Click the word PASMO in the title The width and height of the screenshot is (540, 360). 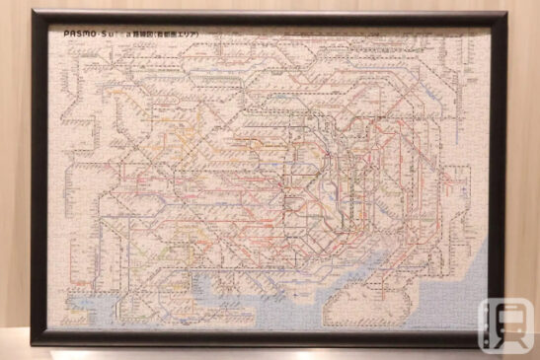(x=79, y=34)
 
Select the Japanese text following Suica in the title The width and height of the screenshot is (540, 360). (x=169, y=34)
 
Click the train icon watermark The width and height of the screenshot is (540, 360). (x=504, y=324)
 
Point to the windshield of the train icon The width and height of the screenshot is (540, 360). (x=504, y=317)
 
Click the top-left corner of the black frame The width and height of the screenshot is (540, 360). (x=33, y=13)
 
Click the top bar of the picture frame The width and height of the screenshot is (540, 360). (x=267, y=16)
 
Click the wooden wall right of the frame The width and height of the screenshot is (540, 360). (x=523, y=148)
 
